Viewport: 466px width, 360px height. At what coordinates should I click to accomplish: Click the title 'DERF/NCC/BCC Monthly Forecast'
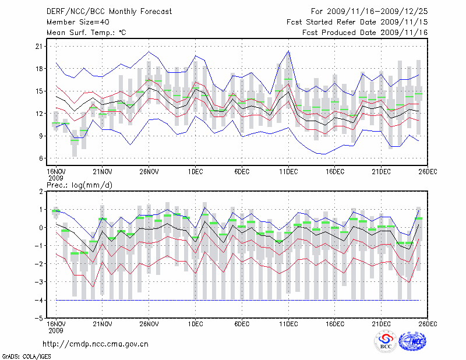[x=110, y=11]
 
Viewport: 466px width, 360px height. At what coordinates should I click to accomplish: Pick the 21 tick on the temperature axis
[x=40, y=46]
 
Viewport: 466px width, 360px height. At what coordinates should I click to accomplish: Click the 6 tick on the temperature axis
[x=41, y=158]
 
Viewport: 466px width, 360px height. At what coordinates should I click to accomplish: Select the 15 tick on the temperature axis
[x=40, y=91]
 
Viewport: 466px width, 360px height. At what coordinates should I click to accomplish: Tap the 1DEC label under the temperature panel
[x=195, y=172]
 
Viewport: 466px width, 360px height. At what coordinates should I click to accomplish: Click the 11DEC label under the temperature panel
[x=288, y=172]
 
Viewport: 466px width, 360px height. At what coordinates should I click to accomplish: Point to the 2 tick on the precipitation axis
[x=41, y=192]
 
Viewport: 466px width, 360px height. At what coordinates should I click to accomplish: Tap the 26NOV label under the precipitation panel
[x=149, y=323]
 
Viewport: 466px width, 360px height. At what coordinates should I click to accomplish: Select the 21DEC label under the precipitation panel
[x=382, y=323]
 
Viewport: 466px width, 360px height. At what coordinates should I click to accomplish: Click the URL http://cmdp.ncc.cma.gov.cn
[x=96, y=344]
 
